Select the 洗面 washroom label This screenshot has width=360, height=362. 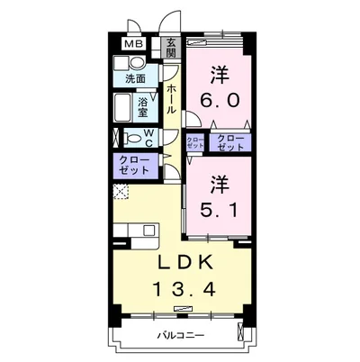click(x=135, y=79)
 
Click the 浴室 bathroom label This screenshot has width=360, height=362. click(x=144, y=107)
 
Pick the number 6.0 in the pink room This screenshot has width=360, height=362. click(x=220, y=101)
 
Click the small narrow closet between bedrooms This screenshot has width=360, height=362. click(x=194, y=141)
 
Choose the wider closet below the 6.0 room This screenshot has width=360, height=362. click(x=229, y=141)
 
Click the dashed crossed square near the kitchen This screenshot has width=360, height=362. click(x=120, y=190)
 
